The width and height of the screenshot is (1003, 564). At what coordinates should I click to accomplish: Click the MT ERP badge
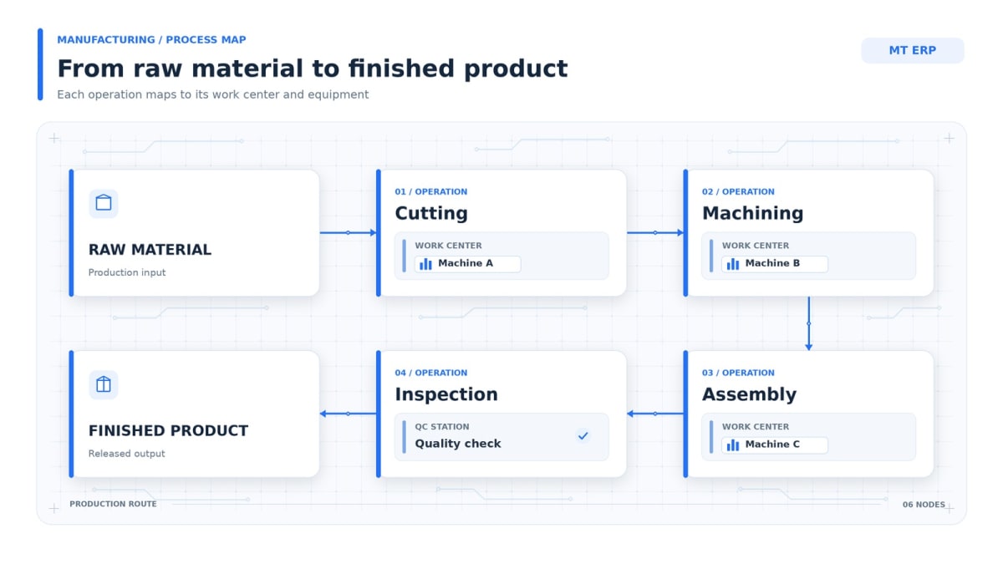tap(912, 50)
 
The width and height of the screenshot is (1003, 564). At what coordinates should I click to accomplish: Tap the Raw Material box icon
tap(104, 203)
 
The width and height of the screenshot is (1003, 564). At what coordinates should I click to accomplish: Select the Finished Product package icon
tap(104, 384)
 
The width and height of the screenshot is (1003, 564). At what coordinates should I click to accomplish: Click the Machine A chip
tap(467, 264)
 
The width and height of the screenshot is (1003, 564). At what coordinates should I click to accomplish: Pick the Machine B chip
tap(775, 264)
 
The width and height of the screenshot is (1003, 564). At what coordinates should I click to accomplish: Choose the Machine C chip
tap(775, 445)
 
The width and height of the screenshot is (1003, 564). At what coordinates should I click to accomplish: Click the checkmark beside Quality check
tap(583, 435)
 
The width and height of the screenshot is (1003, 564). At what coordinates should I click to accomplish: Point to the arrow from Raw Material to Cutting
tap(348, 232)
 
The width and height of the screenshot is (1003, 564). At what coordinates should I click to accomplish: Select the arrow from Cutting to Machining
tap(655, 232)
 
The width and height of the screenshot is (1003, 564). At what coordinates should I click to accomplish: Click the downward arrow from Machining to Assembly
tap(809, 323)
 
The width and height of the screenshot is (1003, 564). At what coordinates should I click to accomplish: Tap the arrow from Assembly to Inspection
tap(655, 414)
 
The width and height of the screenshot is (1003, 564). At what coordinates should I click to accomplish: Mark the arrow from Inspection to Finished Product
tap(348, 414)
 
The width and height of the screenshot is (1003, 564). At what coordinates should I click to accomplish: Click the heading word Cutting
tap(431, 213)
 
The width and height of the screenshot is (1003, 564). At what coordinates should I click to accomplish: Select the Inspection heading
tap(446, 394)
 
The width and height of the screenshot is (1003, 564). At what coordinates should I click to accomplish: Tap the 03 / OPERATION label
tap(738, 373)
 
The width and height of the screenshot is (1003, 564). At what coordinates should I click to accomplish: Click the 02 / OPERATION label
tap(738, 191)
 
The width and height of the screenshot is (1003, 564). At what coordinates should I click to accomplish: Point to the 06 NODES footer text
tap(924, 505)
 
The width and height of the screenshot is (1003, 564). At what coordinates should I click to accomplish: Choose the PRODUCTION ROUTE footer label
tap(113, 504)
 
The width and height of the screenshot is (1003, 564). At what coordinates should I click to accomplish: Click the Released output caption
tap(127, 454)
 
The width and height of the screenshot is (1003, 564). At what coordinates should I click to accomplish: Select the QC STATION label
tap(442, 427)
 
